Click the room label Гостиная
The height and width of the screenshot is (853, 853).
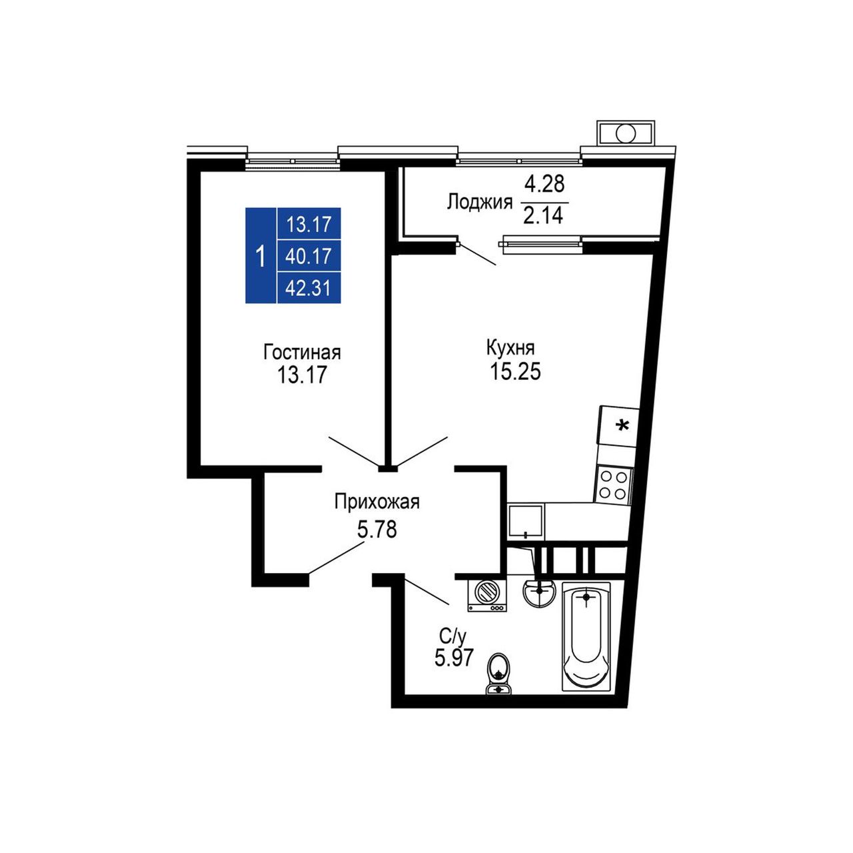[x=302, y=353]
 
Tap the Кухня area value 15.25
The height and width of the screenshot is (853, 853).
[x=515, y=371]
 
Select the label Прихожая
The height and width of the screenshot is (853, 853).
[x=377, y=503]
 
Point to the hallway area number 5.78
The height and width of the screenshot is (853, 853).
[x=377, y=529]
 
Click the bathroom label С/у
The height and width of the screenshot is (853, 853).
[x=453, y=638]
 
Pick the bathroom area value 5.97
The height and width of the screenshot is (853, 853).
[x=454, y=657]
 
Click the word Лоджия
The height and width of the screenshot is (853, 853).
[x=479, y=203]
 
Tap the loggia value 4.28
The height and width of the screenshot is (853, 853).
[x=544, y=184]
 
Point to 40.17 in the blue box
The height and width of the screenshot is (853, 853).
[x=308, y=257]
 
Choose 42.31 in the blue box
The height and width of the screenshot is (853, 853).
[x=308, y=289]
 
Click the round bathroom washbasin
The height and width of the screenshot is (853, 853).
[x=538, y=592]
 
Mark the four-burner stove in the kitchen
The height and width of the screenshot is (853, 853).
[x=613, y=484]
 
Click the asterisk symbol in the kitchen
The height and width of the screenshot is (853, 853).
[x=622, y=426]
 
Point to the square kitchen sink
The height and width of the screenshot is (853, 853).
[x=526, y=522]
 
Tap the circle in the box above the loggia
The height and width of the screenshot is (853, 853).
[x=626, y=133]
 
